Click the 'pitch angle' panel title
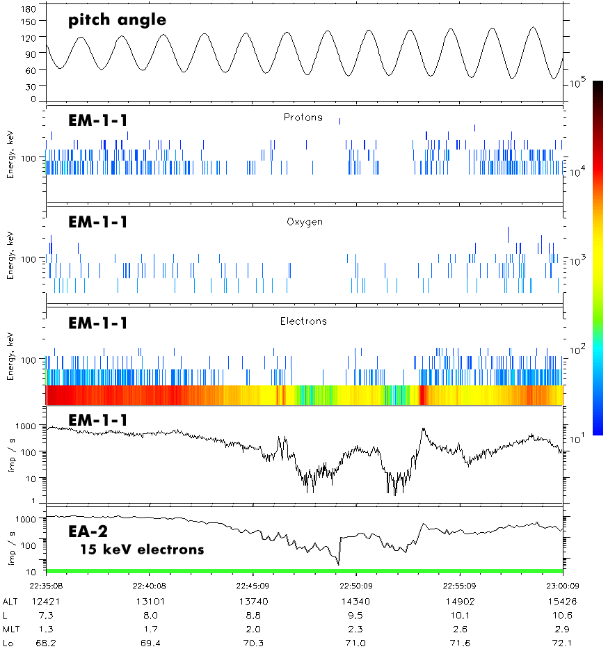(x=117, y=20)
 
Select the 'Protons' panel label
(x=303, y=118)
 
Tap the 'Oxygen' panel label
(x=303, y=223)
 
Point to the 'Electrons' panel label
(x=303, y=321)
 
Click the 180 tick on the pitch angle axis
(x=29, y=10)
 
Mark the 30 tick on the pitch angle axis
(x=31, y=86)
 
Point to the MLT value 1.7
(x=150, y=629)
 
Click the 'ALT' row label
(x=10, y=601)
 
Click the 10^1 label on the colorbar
(x=576, y=439)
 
